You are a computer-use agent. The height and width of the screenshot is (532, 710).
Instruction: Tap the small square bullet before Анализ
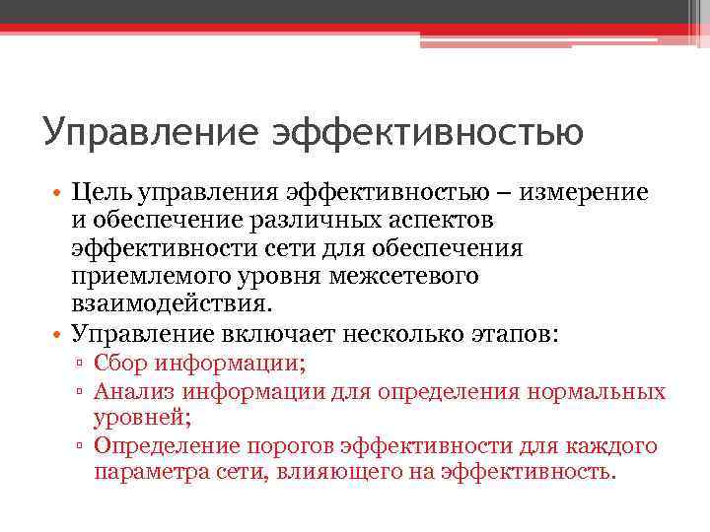81,392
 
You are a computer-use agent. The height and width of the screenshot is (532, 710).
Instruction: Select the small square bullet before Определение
81,447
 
